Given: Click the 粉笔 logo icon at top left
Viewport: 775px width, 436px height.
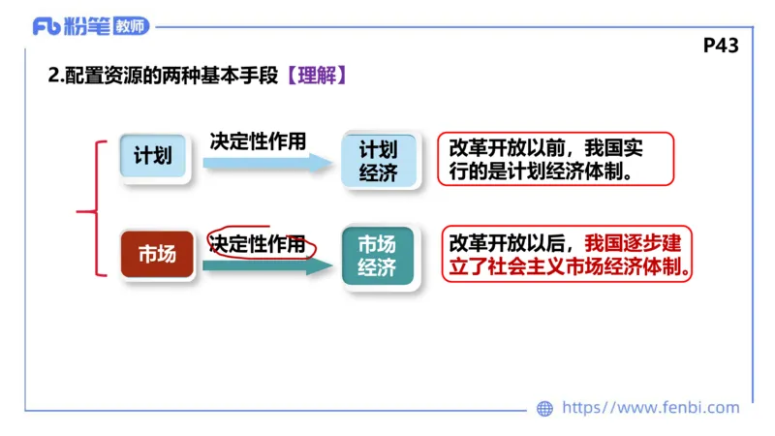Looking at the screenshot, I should pos(46,26).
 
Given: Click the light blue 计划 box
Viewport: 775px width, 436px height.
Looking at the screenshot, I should pos(153,155).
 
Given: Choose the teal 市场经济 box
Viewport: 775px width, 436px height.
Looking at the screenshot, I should pos(378,256).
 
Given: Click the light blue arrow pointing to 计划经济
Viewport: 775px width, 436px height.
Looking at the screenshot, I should pos(267,164).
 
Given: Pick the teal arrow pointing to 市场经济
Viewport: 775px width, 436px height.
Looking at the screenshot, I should pos(267,265).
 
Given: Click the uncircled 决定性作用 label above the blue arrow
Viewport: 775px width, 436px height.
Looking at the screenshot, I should pos(258,140).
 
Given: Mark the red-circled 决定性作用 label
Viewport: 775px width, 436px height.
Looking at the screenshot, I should pos(258,244).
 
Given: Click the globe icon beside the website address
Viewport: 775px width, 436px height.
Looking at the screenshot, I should pos(545,408).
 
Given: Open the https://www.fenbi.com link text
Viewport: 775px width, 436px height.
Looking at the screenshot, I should pos(650,408).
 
